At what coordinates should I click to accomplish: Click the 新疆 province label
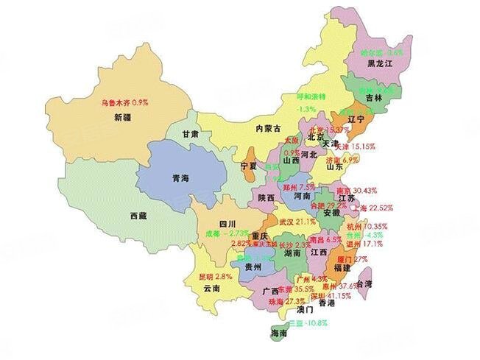click(122, 117)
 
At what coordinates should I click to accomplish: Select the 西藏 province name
click(138, 216)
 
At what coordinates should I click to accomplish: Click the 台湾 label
click(384, 283)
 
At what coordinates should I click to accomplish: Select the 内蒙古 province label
click(268, 128)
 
